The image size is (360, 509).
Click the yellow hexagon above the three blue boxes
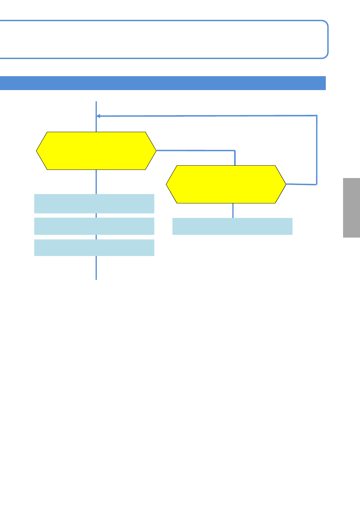point(96,151)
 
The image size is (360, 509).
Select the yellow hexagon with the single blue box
point(226,184)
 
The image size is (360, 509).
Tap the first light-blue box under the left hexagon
point(94,203)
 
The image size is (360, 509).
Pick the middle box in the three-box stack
point(94,226)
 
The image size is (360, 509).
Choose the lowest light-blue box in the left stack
point(94,248)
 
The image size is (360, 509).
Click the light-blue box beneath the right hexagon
point(232,226)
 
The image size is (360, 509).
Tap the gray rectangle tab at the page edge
point(352,208)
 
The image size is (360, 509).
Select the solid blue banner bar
point(163,83)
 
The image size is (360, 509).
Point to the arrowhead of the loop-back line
point(98,116)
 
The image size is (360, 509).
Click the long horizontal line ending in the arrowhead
point(206,116)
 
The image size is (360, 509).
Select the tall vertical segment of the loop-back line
point(317,150)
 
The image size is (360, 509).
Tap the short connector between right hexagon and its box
point(233,210)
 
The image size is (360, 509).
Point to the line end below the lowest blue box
point(96,279)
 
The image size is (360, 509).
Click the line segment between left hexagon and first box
point(96,181)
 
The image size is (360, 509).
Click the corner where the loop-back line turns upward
point(316,184)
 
